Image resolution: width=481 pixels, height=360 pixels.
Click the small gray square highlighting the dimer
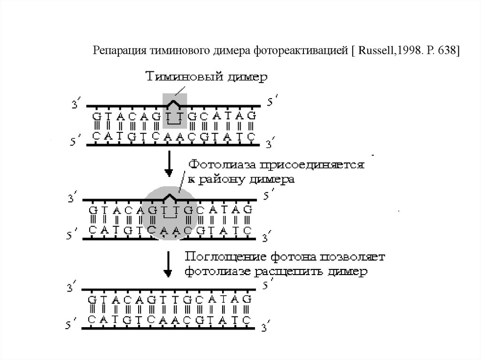click(175, 111)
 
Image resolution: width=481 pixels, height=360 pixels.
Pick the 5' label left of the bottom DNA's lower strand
click(70, 324)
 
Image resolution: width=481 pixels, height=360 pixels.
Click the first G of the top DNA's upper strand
click(95, 115)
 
